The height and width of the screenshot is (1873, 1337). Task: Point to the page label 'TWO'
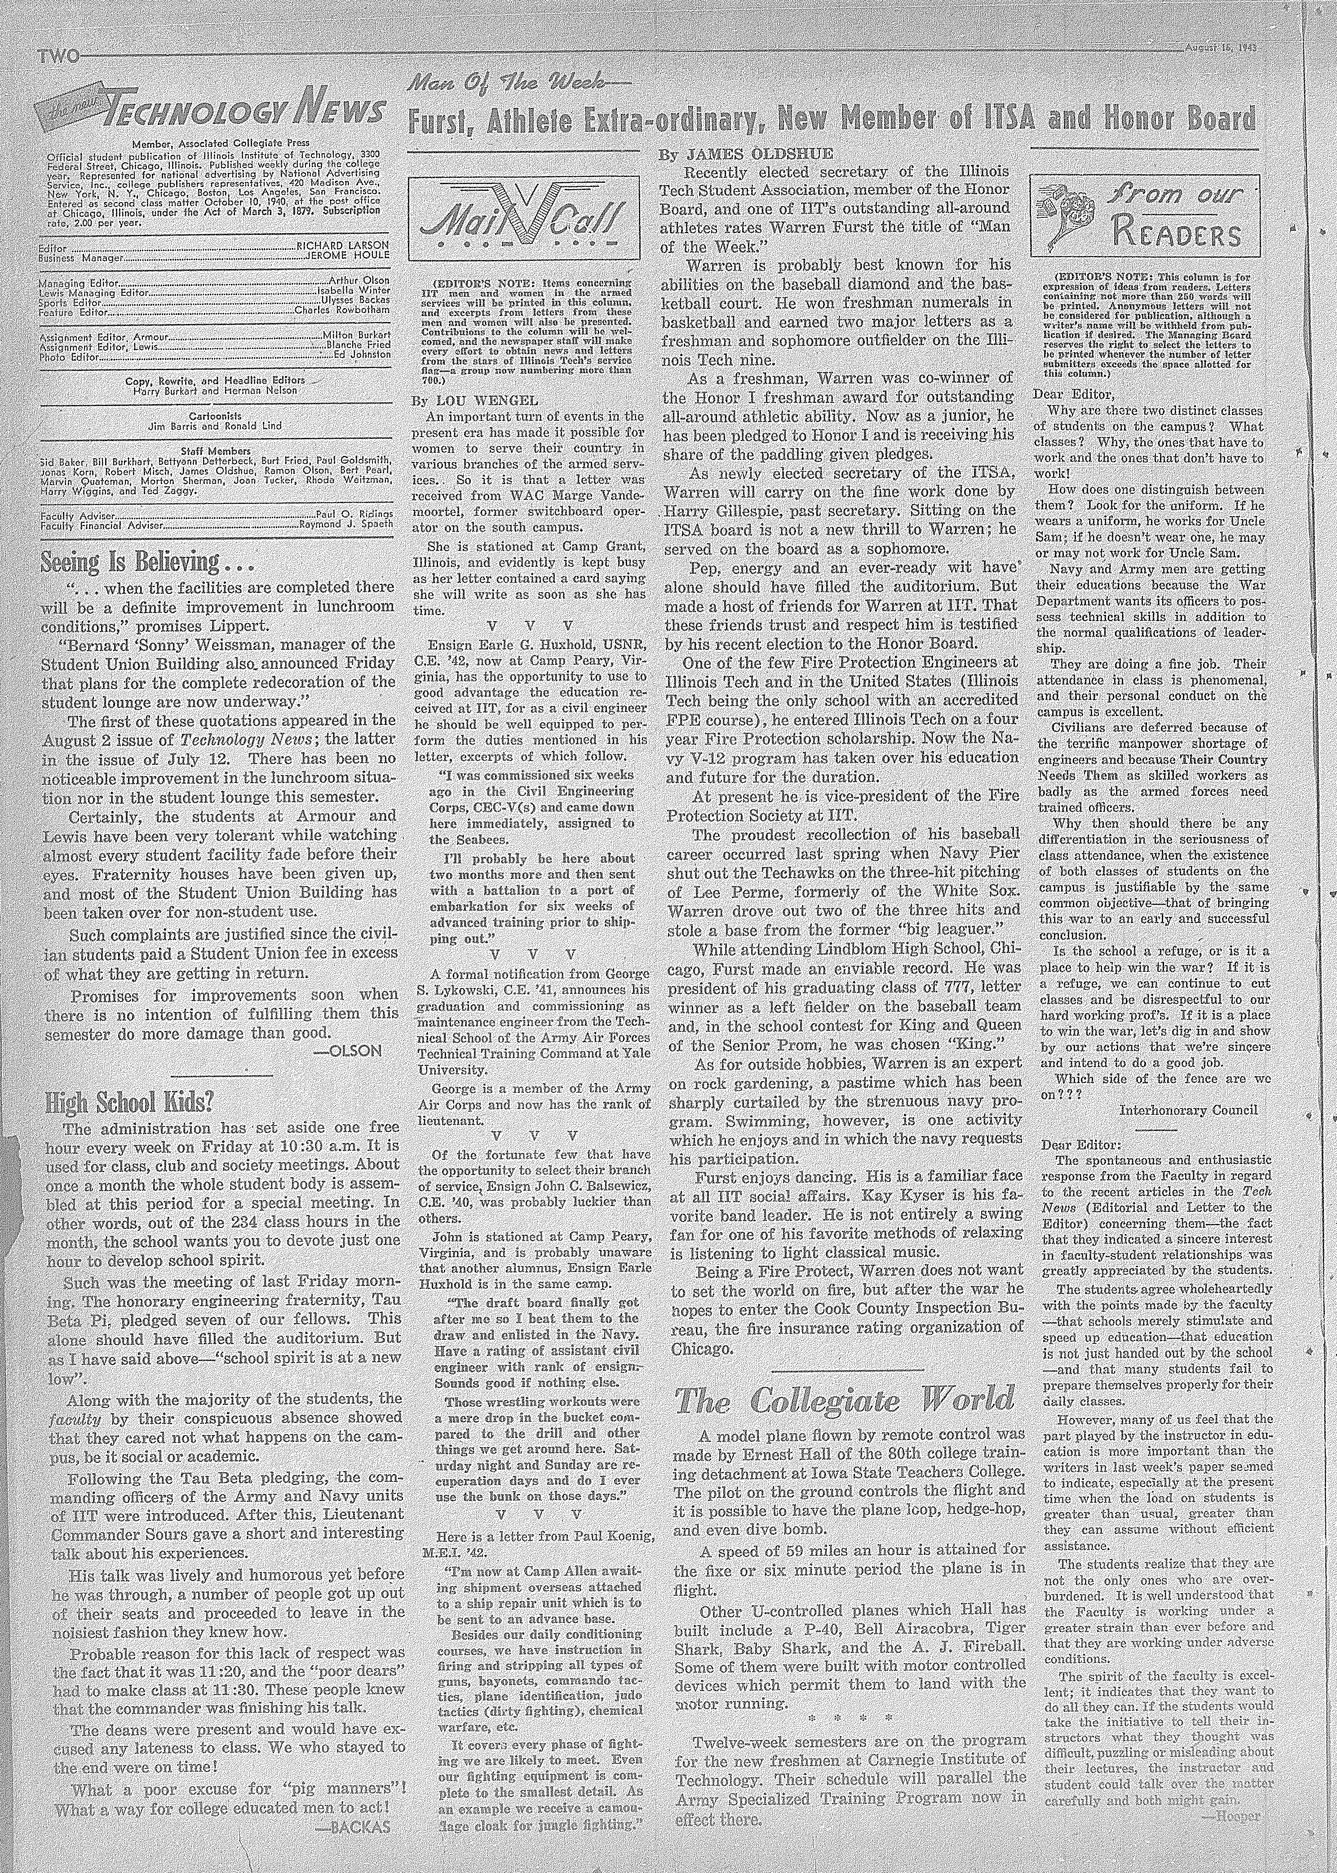[x=56, y=56]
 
